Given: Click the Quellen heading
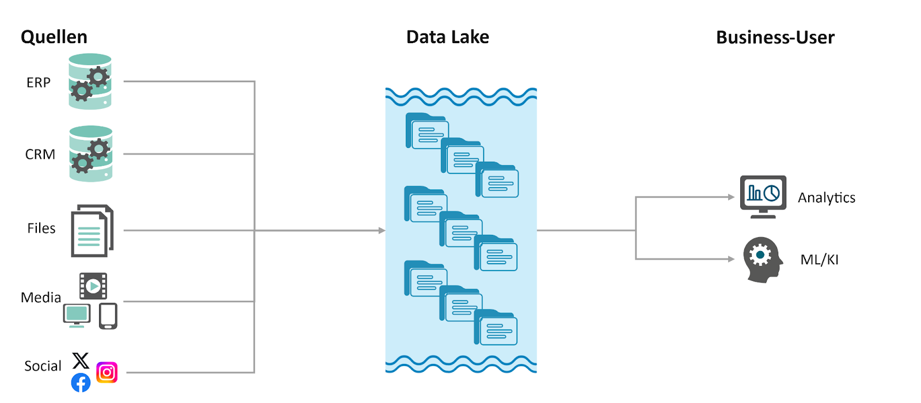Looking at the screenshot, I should pos(54,37).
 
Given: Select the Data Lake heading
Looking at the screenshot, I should pos(447,37).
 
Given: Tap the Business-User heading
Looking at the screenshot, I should pos(775,37).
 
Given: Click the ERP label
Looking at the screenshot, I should pos(39,82).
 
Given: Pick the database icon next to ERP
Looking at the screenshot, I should pos(90,82).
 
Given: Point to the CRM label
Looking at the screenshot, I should pos(40,154).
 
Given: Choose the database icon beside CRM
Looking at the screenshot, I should pos(91,154).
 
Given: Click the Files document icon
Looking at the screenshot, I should pos(92,231).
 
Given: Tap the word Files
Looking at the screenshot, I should pos(41,228).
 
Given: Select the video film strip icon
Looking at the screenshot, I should pos(93,286).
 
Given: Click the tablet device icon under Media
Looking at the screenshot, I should pos(108,316).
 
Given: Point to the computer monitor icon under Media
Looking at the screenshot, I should pos(77,315).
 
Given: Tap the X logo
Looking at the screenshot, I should pos(81,360).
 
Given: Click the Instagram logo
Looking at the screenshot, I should pos(107,372).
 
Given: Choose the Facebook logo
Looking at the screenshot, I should pos(81,382).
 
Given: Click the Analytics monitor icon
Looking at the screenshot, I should pos(763,196).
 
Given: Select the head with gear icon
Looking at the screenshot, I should pos(762,259).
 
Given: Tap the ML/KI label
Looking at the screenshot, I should pos(819,260).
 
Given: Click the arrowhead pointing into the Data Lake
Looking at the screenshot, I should pos(382,230).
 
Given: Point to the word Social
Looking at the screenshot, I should pos(43,366).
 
